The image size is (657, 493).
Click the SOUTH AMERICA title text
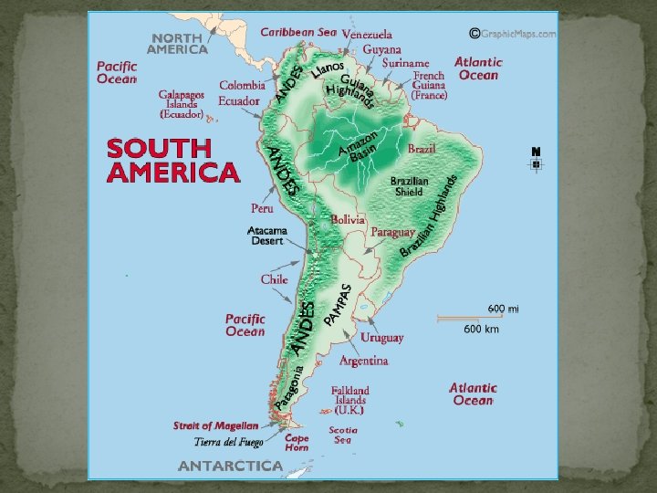tap(172, 161)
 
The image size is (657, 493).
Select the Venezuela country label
tap(367, 34)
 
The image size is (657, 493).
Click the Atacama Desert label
tap(267, 236)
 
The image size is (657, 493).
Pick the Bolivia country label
tap(348, 220)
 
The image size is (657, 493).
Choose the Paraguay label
tap(393, 233)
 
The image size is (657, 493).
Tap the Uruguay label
tap(381, 338)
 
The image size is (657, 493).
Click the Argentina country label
tap(363, 361)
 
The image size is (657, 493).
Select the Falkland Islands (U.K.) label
tap(350, 400)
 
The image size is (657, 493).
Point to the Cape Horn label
tap(297, 443)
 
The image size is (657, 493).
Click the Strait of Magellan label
tap(216, 425)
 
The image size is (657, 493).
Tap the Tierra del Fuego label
tap(228, 443)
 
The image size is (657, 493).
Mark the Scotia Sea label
tap(342, 435)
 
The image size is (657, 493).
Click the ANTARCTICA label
tap(230, 466)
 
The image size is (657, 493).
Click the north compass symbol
tap(536, 160)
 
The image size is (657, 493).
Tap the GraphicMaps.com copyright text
tap(512, 34)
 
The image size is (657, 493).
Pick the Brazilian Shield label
tap(409, 186)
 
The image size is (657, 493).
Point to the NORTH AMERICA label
tap(178, 43)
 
